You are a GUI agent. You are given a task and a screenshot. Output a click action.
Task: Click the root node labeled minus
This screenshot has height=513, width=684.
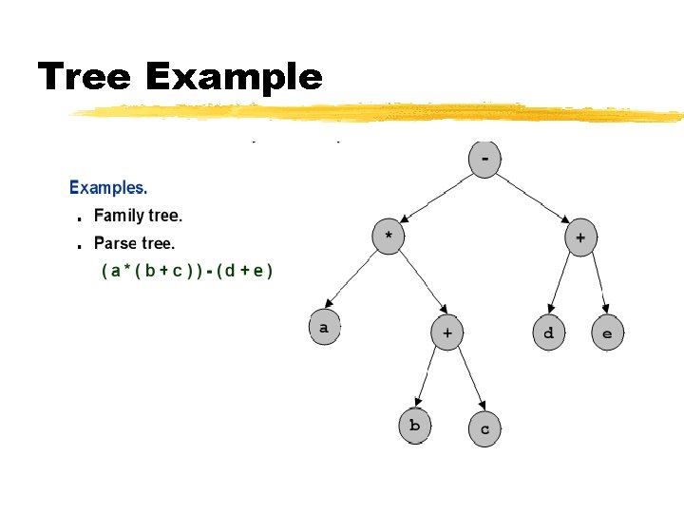click(x=485, y=159)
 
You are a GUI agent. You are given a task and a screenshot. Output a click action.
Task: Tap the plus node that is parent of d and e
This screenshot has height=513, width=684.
click(x=580, y=237)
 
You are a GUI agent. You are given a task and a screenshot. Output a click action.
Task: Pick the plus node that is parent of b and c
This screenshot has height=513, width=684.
click(x=446, y=332)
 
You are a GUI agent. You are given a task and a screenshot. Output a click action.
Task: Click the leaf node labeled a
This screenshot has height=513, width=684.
click(x=324, y=327)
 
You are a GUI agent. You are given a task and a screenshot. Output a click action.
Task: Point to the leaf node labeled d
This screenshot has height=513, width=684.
click(x=548, y=332)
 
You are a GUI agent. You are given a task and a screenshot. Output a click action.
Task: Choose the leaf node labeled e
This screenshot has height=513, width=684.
click(x=607, y=332)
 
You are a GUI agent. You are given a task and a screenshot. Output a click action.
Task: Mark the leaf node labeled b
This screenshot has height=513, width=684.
click(x=414, y=425)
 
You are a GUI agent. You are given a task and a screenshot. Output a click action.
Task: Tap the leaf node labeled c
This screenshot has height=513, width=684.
click(x=484, y=428)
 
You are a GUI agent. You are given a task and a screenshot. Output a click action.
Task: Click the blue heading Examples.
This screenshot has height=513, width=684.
click(x=108, y=188)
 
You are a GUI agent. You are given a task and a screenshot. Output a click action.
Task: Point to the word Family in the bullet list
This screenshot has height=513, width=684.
click(x=118, y=216)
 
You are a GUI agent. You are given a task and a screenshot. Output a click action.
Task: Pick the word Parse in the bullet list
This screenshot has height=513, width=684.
click(x=115, y=243)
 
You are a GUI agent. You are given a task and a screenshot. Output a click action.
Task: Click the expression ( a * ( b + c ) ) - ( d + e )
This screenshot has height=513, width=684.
click(x=187, y=271)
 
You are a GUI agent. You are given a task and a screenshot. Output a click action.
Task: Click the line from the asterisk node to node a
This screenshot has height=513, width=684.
click(x=356, y=281)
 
